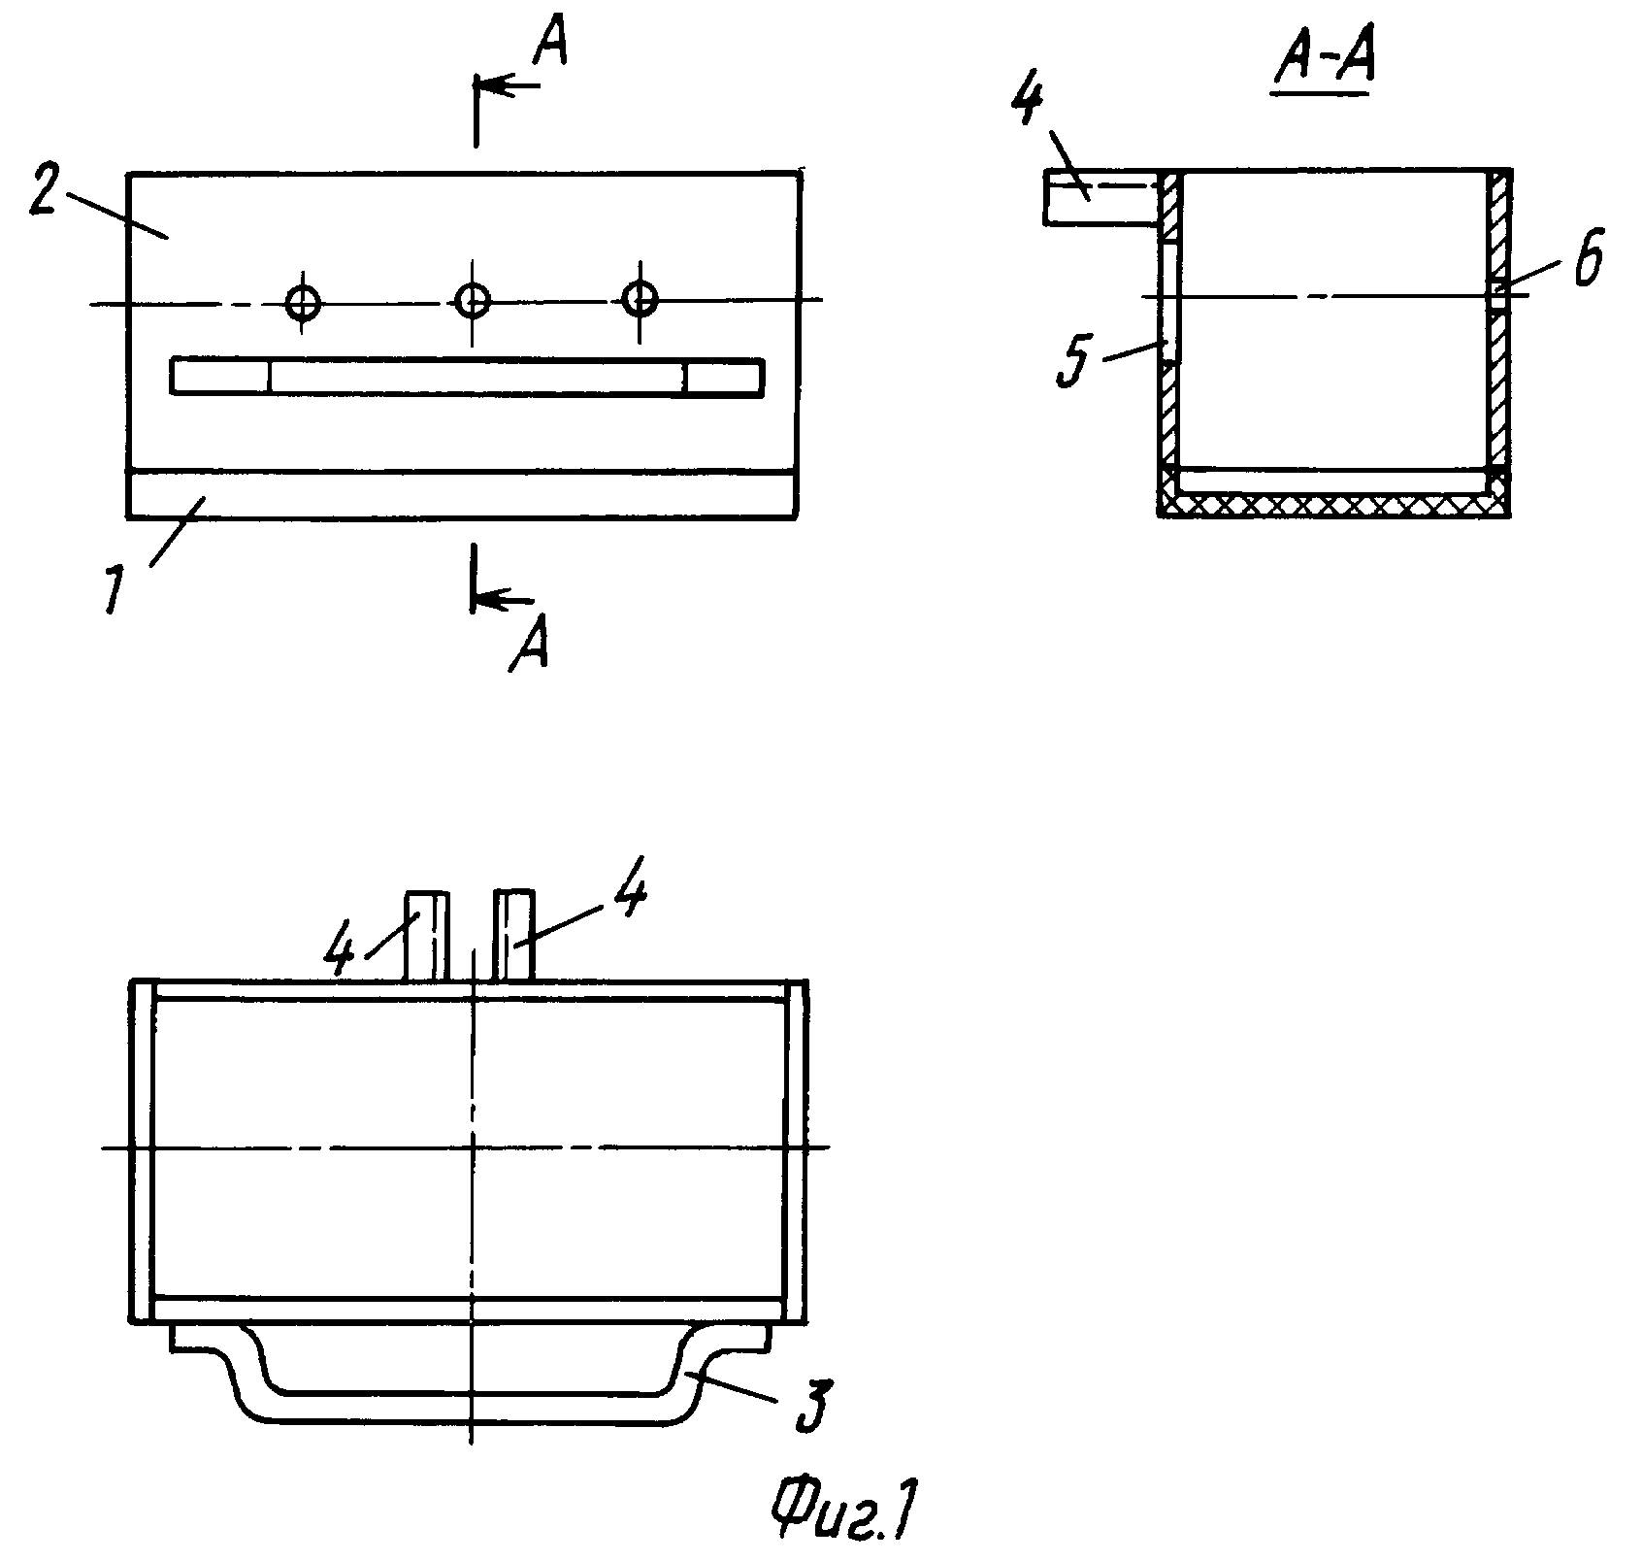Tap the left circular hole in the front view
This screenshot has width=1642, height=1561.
(x=304, y=303)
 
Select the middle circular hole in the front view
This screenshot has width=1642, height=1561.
(x=473, y=300)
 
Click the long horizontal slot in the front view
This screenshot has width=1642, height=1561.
(x=468, y=377)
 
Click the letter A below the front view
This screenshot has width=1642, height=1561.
(x=529, y=644)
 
